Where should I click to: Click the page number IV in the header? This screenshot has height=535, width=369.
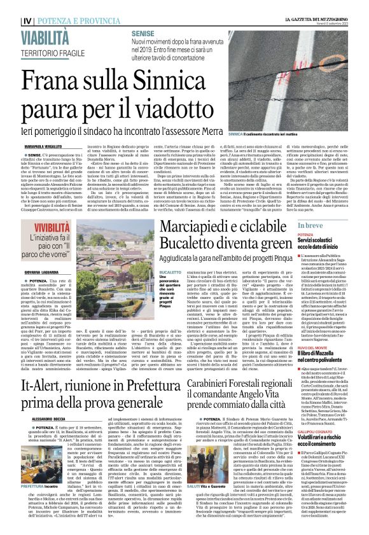[9, 7]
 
